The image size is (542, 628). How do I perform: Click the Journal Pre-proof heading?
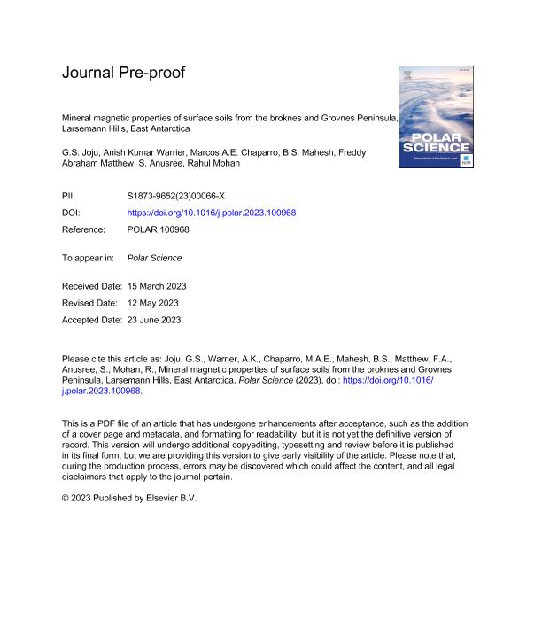coord(123,73)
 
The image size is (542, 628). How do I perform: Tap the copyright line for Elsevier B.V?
coord(129,498)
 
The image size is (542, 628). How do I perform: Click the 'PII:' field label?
coord(70,199)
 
